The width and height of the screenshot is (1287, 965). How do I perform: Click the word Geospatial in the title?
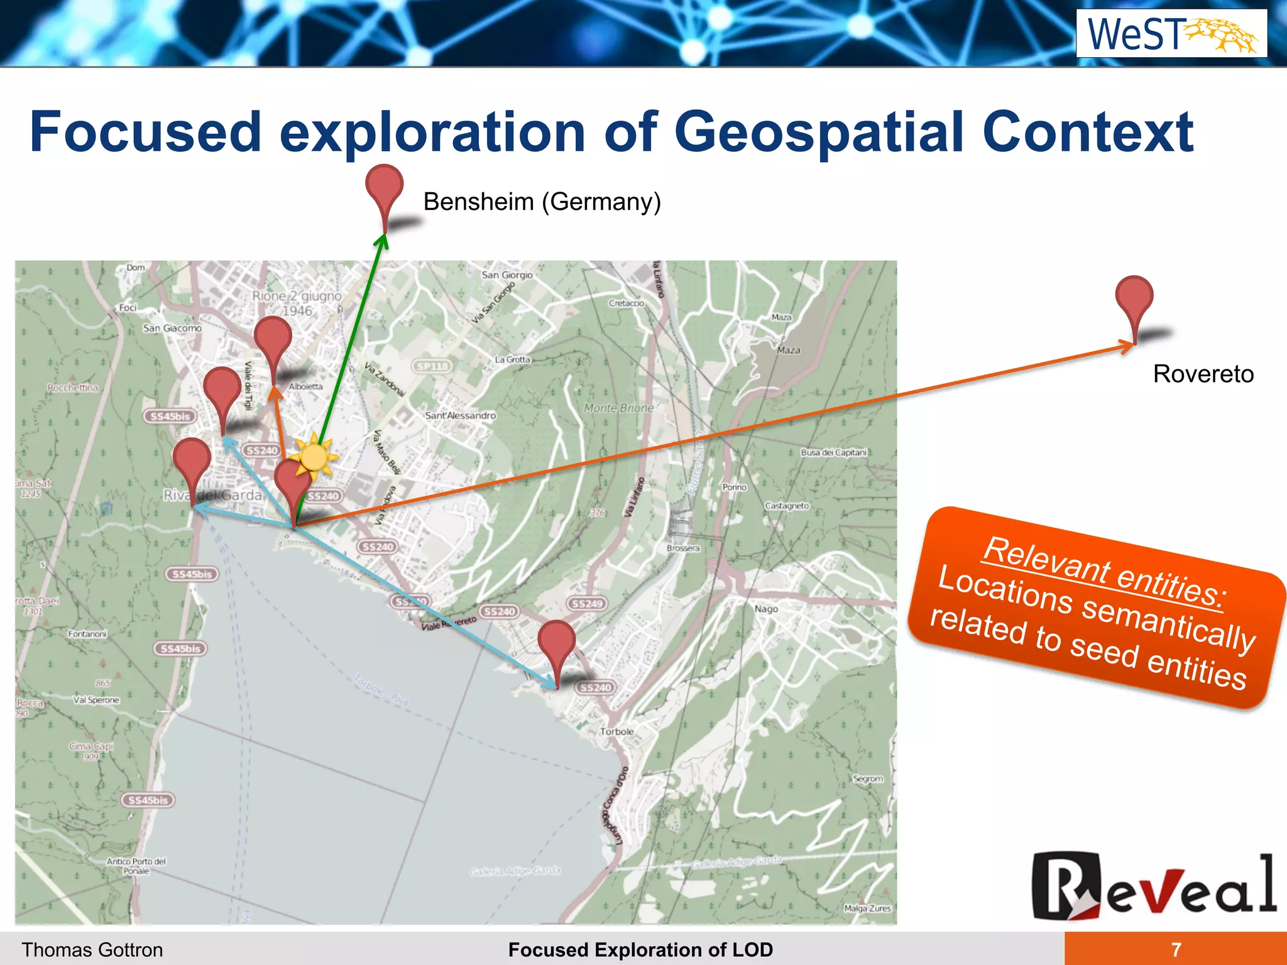tap(819, 132)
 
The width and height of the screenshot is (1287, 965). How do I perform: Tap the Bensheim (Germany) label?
tap(542, 202)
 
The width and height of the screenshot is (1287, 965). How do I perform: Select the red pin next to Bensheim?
tap(384, 188)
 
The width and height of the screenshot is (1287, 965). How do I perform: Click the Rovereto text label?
tap(1203, 374)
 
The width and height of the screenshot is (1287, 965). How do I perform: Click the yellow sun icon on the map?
tap(314, 456)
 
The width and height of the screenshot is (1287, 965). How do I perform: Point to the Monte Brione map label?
tap(618, 408)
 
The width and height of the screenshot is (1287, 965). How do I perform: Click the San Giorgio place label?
tap(507, 275)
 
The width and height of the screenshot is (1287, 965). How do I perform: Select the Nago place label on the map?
tap(766, 609)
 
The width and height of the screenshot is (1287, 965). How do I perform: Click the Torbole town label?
tap(616, 731)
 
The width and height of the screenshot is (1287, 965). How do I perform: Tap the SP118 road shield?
tap(432, 366)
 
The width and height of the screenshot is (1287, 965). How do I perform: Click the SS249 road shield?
tap(587, 603)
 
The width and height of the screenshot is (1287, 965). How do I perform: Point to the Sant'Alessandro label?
tap(460, 415)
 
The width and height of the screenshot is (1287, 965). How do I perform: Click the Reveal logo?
tap(1153, 885)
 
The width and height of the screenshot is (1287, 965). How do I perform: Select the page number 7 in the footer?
tap(1176, 949)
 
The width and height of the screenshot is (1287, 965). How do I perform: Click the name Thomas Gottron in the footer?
tap(92, 949)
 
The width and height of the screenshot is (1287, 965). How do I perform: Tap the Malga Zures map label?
tap(867, 908)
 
